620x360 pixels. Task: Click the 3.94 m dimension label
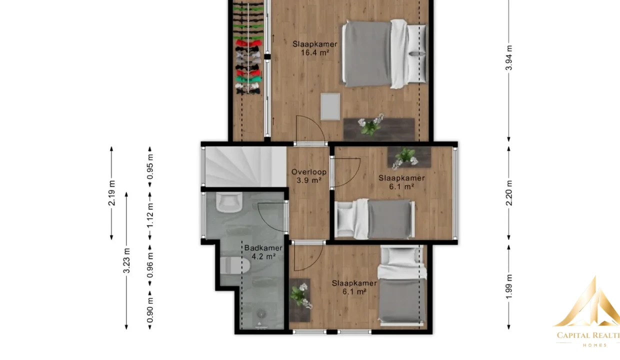tap(508, 58)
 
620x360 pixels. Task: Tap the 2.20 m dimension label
tap(508, 193)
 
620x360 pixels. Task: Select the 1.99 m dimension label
tap(508, 286)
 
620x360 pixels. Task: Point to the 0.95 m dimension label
tap(150, 167)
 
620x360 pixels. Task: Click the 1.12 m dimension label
tap(150, 215)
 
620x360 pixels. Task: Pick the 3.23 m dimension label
tap(126, 260)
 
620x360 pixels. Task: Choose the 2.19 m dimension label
tap(111, 193)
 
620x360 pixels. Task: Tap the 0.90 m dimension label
tap(150, 310)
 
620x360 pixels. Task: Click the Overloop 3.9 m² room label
tap(309, 176)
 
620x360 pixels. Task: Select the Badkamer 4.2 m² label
tap(263, 252)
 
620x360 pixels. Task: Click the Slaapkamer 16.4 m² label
tap(315, 48)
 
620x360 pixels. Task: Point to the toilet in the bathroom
tap(235, 265)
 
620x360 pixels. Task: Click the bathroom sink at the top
tap(229, 202)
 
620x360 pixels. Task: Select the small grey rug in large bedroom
tap(330, 106)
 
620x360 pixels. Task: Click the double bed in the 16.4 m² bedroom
tap(384, 54)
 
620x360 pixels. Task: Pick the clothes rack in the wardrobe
tap(248, 47)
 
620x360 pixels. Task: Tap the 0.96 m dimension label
tap(150, 265)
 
